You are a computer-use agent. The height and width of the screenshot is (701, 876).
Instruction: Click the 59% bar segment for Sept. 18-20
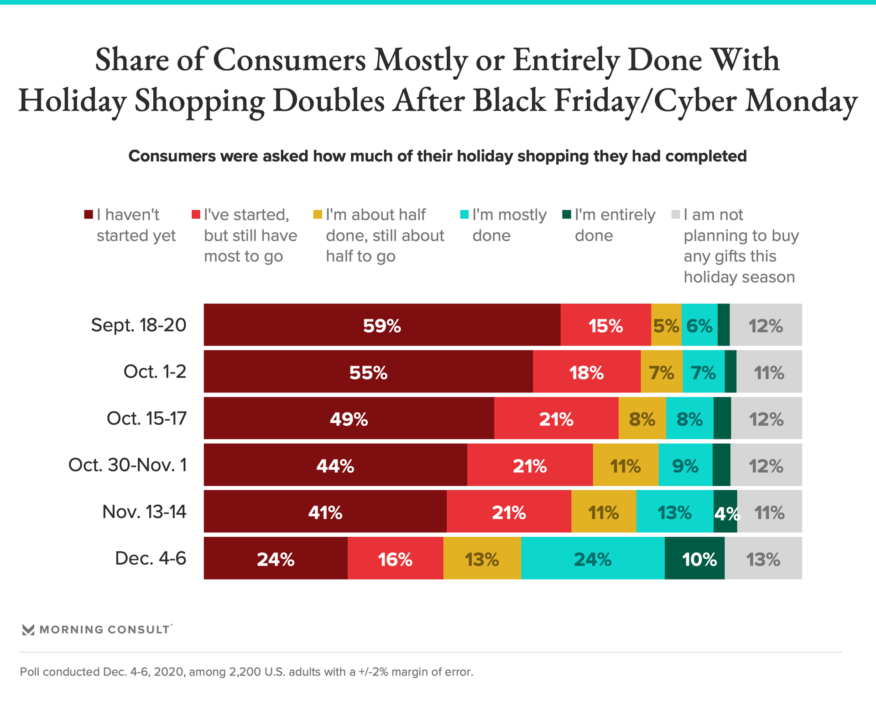(x=382, y=325)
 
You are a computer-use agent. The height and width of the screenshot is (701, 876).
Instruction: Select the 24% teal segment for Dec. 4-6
(x=592, y=558)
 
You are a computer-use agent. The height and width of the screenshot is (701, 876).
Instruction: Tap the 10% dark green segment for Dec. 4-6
(x=694, y=558)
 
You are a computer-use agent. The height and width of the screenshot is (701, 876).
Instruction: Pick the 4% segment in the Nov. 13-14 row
(x=725, y=512)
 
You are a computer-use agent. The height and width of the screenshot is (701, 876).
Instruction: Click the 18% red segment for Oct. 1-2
(x=586, y=371)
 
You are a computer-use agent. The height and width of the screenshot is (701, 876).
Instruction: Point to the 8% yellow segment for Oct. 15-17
(x=642, y=418)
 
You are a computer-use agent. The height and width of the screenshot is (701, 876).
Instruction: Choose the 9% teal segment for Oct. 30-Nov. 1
(x=685, y=465)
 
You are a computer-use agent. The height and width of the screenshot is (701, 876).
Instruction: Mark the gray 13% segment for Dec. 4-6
(x=763, y=558)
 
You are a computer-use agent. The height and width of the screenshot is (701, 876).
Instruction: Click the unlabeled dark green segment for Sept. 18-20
(x=723, y=325)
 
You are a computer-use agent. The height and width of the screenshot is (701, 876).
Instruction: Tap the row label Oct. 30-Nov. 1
(x=127, y=465)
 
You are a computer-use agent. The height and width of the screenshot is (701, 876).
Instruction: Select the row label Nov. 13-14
(x=144, y=512)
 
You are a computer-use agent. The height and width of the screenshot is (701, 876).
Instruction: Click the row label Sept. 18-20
(x=139, y=325)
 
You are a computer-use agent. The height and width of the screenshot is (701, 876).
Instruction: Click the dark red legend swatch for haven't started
(x=89, y=214)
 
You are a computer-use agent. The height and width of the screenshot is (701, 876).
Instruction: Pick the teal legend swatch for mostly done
(x=464, y=214)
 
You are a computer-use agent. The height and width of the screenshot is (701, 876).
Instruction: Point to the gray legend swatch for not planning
(x=676, y=214)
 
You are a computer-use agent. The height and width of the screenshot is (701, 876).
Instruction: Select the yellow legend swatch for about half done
(x=318, y=214)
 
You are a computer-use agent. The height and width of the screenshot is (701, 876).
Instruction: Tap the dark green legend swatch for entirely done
(x=567, y=214)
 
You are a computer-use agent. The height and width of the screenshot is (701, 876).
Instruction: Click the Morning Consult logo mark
(x=28, y=630)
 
